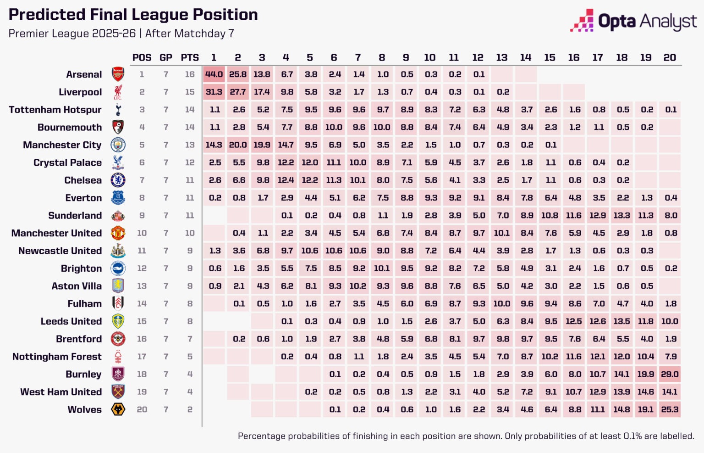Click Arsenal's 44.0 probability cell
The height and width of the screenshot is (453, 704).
214,74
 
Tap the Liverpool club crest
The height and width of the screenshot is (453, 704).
118,92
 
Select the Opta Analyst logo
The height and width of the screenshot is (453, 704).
633,21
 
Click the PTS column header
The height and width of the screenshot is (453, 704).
190,57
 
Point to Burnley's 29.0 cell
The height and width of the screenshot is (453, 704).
670,374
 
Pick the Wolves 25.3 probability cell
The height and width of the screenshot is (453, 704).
670,409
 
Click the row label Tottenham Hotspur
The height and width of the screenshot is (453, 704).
55,110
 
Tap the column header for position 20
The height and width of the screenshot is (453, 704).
670,57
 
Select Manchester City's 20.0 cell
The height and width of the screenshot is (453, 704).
238,145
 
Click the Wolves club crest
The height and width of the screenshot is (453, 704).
118,409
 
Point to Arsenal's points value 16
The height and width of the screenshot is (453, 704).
190,74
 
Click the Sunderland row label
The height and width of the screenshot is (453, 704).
75,216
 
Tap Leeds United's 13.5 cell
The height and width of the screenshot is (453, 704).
621,321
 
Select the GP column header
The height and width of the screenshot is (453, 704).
166,57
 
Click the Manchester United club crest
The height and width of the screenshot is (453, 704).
118,233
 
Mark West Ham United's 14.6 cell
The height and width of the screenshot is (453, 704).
645,392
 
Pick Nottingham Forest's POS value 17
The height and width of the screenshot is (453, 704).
142,357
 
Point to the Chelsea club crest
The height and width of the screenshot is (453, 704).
118,180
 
